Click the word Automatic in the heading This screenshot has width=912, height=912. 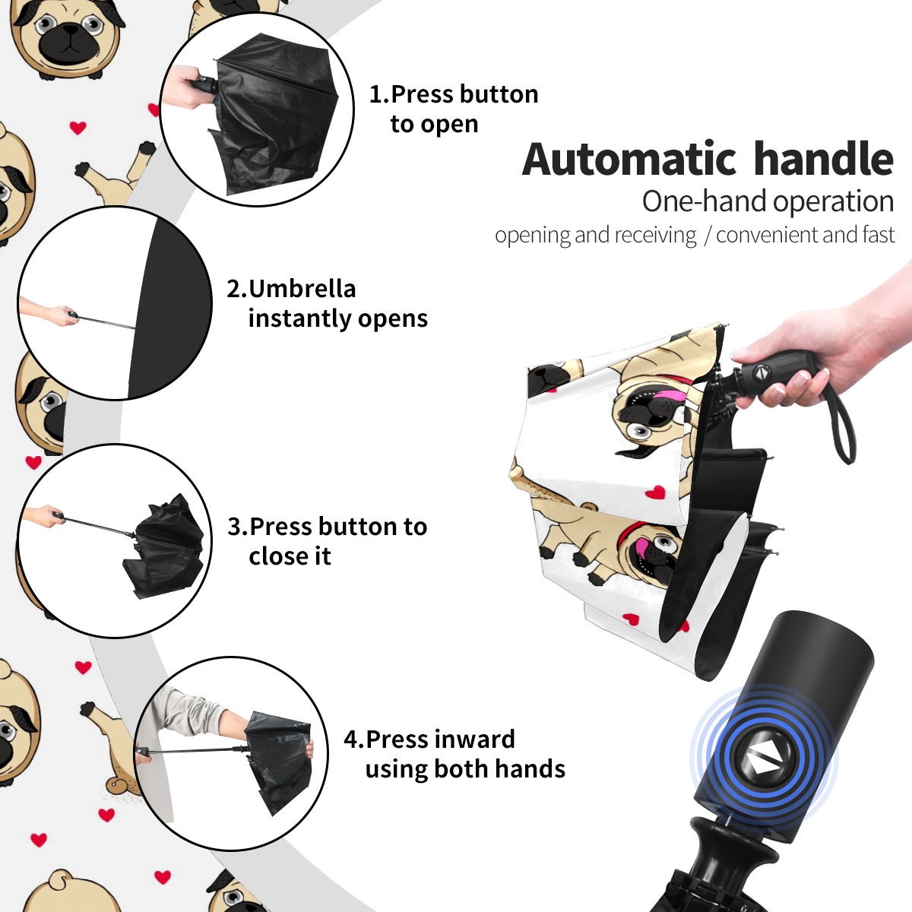(x=629, y=159)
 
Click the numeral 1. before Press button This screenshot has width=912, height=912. (x=378, y=94)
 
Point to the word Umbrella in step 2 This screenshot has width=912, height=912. (x=302, y=289)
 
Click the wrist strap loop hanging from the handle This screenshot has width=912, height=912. (x=843, y=423)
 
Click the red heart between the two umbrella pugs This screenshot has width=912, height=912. (x=655, y=492)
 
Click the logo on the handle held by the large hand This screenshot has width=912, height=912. (x=761, y=372)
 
